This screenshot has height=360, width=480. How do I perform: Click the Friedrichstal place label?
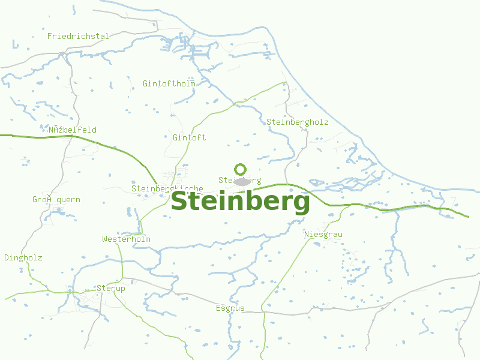78,36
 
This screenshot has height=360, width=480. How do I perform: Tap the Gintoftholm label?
169,83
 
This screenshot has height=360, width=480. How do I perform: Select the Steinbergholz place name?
298,122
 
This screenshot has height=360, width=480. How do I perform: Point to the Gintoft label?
189,137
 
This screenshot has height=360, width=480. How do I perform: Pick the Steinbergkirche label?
167,188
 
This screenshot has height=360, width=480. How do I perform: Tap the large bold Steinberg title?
241,202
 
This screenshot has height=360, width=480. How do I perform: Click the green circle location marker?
241,169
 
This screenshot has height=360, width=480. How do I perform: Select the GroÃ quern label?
56,200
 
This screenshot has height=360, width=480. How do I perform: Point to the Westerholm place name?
126,239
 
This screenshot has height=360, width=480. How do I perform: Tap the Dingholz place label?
23,258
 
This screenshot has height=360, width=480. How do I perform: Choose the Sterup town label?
111,289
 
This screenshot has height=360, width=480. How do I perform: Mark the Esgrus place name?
230,308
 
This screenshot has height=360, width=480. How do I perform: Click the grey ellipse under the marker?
241,182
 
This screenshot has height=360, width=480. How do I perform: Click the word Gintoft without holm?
189,137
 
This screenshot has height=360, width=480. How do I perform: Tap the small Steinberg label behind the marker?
240,180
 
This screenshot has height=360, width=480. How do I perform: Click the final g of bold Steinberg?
301,204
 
